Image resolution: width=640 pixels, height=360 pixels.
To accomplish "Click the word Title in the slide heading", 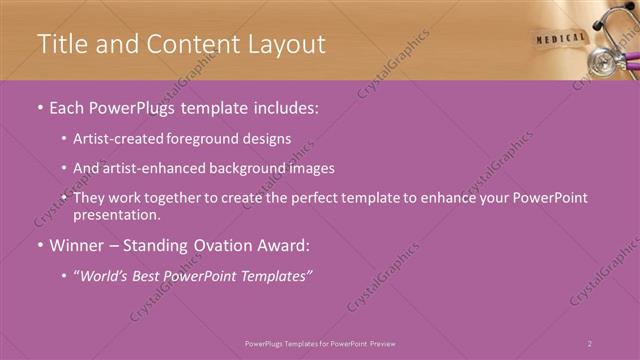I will point(62,44).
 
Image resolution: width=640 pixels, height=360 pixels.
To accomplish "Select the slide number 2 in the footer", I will point(590,343).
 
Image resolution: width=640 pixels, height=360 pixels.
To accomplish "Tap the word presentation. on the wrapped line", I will point(116,214).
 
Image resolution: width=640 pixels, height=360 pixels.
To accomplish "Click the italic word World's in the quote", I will point(105,275).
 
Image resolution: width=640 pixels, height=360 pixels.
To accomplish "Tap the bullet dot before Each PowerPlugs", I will point(40,106).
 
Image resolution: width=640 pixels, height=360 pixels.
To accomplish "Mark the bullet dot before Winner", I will point(40,244).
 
